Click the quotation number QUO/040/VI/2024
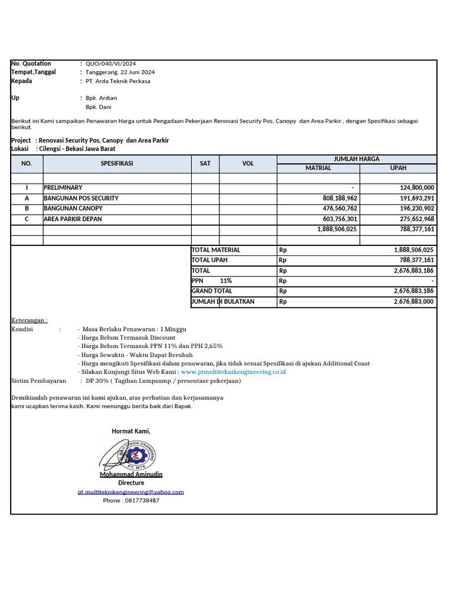click(111, 64)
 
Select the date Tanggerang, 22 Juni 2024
click(120, 72)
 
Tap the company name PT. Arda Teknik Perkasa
click(118, 81)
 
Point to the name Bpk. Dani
click(99, 107)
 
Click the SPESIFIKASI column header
click(117, 163)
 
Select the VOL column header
click(248, 163)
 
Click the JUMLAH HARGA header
click(356, 159)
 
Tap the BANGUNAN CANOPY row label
click(73, 208)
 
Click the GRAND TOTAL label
click(212, 291)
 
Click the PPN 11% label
click(212, 281)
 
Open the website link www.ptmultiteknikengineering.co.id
click(234, 372)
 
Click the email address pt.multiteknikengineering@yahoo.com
click(131, 491)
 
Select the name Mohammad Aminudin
click(131, 474)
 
